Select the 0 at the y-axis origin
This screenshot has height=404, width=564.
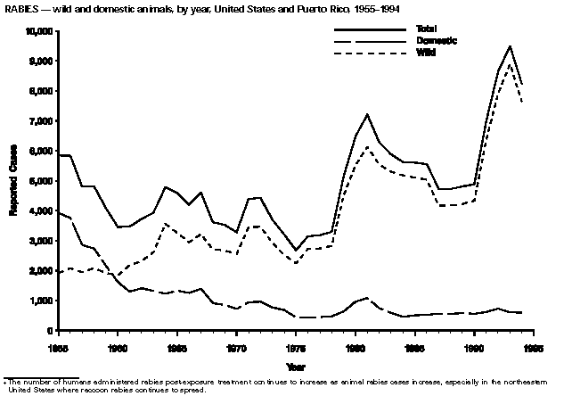tap(48, 331)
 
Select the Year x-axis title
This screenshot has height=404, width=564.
tap(295, 366)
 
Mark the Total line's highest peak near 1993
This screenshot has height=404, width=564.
tap(510, 46)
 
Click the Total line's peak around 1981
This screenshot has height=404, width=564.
tap(367, 114)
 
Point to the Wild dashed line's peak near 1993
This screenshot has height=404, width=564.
tap(510, 64)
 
